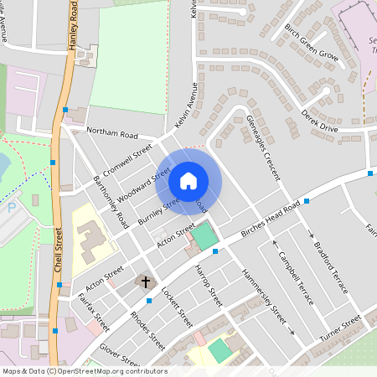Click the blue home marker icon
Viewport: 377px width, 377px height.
pos(188,180)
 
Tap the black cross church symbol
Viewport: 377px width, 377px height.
pos(146,282)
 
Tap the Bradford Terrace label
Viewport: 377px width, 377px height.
pos(332,267)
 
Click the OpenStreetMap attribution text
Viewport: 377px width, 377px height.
pos(85,371)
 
